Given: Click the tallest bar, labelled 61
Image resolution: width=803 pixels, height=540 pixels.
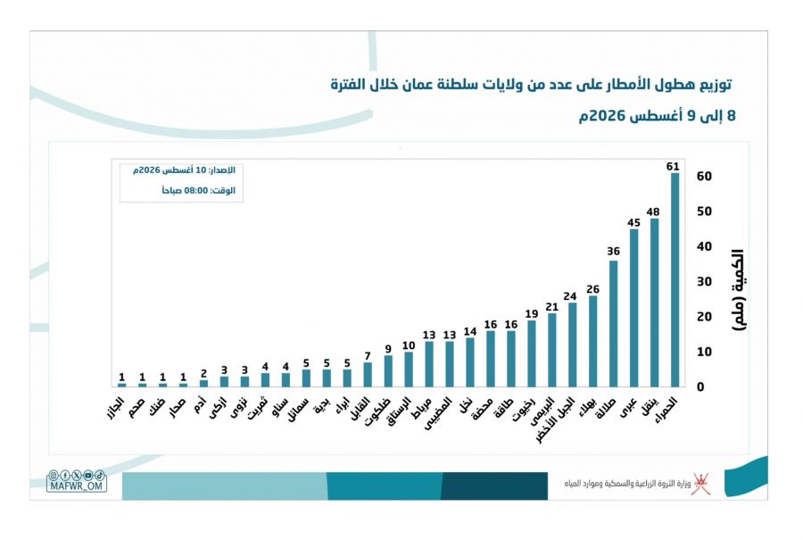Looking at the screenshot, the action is pyautogui.click(x=675, y=279).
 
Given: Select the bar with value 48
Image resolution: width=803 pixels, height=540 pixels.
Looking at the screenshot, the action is pyautogui.click(x=655, y=303).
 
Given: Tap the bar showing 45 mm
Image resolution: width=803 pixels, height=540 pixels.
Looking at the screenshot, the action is pyautogui.click(x=634, y=308).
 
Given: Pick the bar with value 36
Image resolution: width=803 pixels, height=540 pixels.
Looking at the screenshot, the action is pyautogui.click(x=614, y=324).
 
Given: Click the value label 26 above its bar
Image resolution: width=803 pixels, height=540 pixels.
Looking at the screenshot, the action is pyautogui.click(x=593, y=289).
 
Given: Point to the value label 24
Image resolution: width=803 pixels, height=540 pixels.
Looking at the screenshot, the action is pyautogui.click(x=570, y=296).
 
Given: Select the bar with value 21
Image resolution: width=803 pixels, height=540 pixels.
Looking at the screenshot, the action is pyautogui.click(x=552, y=350).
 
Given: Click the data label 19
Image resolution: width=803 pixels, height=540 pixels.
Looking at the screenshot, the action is pyautogui.click(x=532, y=314).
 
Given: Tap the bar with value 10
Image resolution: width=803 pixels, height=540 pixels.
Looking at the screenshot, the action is pyautogui.click(x=409, y=370).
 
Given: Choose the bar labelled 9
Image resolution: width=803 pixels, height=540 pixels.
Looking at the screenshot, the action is pyautogui.click(x=388, y=371).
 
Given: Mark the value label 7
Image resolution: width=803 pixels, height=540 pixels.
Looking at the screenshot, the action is pyautogui.click(x=368, y=356).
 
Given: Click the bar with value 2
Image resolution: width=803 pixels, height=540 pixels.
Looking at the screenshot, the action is pyautogui.click(x=203, y=383).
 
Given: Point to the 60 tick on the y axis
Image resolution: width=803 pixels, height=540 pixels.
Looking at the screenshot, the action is pyautogui.click(x=704, y=176).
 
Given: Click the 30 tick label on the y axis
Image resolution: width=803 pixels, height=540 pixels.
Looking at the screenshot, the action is pyautogui.click(x=704, y=282).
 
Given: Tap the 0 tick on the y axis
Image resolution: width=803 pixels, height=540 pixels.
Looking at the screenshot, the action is pyautogui.click(x=700, y=387).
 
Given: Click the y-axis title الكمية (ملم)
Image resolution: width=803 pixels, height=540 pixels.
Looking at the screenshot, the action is pyautogui.click(x=738, y=290).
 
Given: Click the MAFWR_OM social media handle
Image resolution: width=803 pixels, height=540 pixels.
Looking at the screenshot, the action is pyautogui.click(x=77, y=486).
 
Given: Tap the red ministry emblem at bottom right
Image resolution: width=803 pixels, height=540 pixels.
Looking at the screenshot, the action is pyautogui.click(x=700, y=484).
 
